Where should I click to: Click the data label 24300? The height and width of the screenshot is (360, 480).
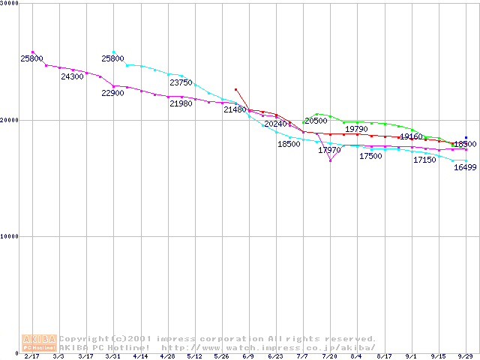click(x=72, y=76)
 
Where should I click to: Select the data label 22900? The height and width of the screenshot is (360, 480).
click(x=113, y=93)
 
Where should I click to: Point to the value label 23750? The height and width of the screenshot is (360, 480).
click(x=181, y=82)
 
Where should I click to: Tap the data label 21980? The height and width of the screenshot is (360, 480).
click(x=181, y=103)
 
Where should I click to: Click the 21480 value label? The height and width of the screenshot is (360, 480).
click(x=235, y=109)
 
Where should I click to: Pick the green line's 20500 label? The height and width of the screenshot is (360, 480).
click(x=316, y=121)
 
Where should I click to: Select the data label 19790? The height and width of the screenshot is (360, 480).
click(x=356, y=129)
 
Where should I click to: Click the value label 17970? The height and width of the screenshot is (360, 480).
click(x=329, y=150)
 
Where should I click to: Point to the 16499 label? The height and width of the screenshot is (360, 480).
click(x=465, y=167)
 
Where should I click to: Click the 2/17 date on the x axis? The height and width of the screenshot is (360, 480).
click(x=31, y=356)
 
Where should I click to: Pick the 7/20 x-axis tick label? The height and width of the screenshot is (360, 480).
click(x=329, y=356)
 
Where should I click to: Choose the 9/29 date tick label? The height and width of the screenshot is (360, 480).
click(x=465, y=356)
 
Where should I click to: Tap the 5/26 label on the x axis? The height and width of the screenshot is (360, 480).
click(x=221, y=356)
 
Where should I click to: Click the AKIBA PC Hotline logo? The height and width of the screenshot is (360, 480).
click(x=40, y=343)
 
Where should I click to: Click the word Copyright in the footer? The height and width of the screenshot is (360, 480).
click(x=84, y=338)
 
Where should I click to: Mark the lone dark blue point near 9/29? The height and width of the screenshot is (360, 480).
click(x=466, y=138)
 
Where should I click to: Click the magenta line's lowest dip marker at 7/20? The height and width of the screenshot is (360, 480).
click(x=330, y=160)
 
